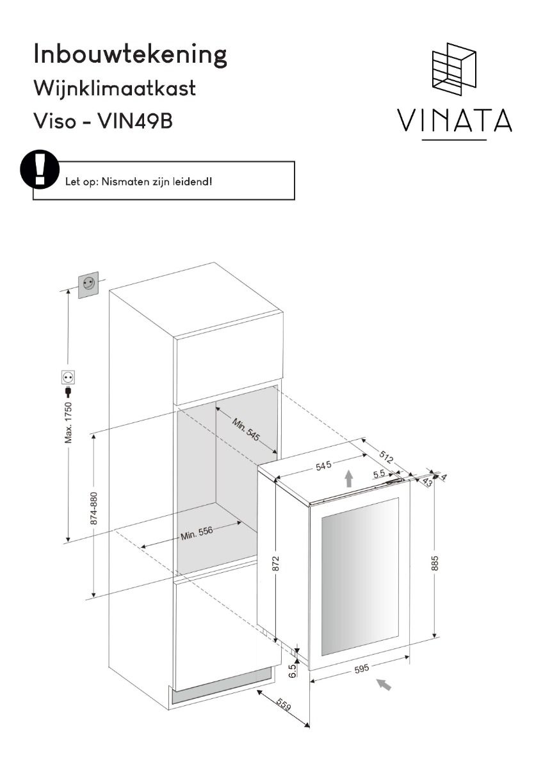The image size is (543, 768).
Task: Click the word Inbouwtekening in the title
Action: [131, 55]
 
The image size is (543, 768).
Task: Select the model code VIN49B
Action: [135, 122]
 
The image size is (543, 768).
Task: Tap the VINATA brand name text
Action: [455, 120]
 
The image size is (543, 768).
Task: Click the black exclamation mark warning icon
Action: [40, 170]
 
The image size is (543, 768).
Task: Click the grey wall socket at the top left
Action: [88, 285]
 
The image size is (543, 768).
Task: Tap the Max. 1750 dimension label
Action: [69, 423]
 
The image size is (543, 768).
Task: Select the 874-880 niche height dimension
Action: [93, 508]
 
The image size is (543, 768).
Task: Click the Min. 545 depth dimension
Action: [247, 429]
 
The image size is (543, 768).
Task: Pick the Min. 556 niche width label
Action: [197, 532]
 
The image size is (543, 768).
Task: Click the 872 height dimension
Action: [276, 564]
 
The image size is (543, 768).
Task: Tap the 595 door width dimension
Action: [362, 668]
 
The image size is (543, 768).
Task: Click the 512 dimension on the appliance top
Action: [386, 457]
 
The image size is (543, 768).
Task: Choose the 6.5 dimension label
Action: [292, 671]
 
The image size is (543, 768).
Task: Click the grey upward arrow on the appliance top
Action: [349, 479]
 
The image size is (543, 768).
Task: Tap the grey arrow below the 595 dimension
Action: [384, 685]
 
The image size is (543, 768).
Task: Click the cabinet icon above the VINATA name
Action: [454, 69]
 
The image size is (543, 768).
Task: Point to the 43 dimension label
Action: [427, 482]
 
